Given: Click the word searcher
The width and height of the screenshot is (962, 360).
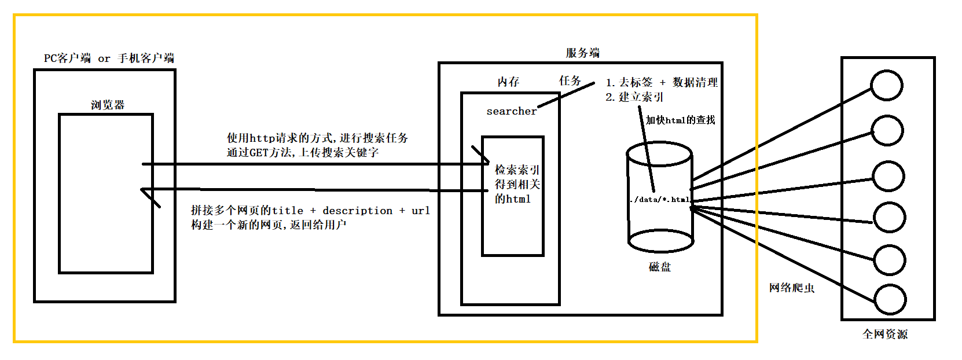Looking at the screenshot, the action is (512, 111).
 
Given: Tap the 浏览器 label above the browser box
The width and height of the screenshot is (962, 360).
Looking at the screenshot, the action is (107, 105).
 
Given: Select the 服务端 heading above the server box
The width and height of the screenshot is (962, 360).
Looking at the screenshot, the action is (583, 53).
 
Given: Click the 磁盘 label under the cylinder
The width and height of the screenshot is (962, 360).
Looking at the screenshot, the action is (660, 267).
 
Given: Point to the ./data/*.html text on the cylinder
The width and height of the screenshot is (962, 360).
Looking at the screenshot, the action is (660, 199).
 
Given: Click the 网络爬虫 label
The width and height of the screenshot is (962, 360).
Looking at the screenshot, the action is (791, 288).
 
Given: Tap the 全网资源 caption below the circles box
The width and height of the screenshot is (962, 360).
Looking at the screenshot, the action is (884, 334).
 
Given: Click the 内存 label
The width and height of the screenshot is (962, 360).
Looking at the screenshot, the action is (508, 82).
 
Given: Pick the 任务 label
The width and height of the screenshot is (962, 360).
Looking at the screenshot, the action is (570, 80).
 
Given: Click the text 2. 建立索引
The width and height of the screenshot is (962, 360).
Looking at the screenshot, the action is (634, 97).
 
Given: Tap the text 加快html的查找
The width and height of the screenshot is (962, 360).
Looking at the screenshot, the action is (680, 120).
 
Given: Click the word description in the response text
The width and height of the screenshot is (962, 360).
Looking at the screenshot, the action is (357, 211).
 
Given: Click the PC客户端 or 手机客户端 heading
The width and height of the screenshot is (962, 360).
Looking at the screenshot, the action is (109, 58).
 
